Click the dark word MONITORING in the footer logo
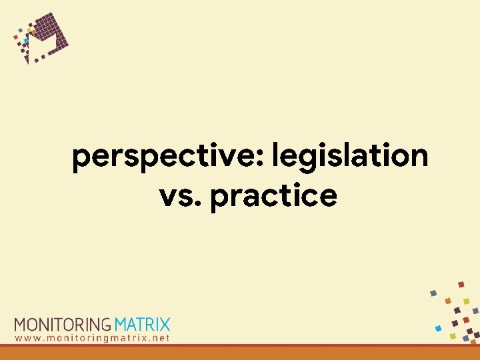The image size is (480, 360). tap(63, 325)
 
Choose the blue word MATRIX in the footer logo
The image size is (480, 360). tap(143, 325)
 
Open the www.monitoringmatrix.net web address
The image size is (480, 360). tap(93, 338)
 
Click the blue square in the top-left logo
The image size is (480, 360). tap(25, 40)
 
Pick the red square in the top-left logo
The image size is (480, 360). tap(15, 37)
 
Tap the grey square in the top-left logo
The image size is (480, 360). tap(20, 30)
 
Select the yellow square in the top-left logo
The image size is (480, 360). tap(29, 30)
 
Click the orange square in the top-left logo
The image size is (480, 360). tap(34, 32)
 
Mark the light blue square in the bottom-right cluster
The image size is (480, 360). tap(438, 328)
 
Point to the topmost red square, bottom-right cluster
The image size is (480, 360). tap(461, 285)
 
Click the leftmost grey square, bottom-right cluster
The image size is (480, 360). tap(433, 293)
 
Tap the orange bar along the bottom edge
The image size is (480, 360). tap(240, 353)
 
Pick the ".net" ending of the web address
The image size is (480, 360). tap(160, 338)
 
